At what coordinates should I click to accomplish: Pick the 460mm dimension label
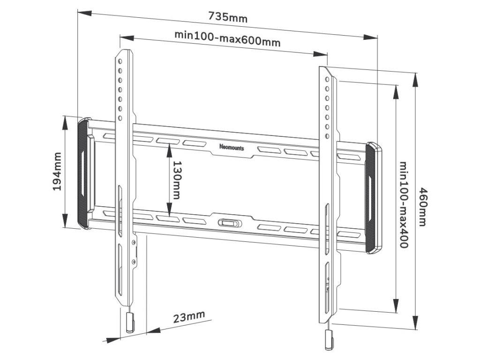tap(423, 207)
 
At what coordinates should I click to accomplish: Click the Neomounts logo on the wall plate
tap(231, 147)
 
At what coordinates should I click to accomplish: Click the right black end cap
tap(374, 199)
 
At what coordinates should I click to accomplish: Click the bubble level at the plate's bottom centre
tap(228, 223)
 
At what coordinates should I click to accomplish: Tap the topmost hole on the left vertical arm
tap(120, 61)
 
